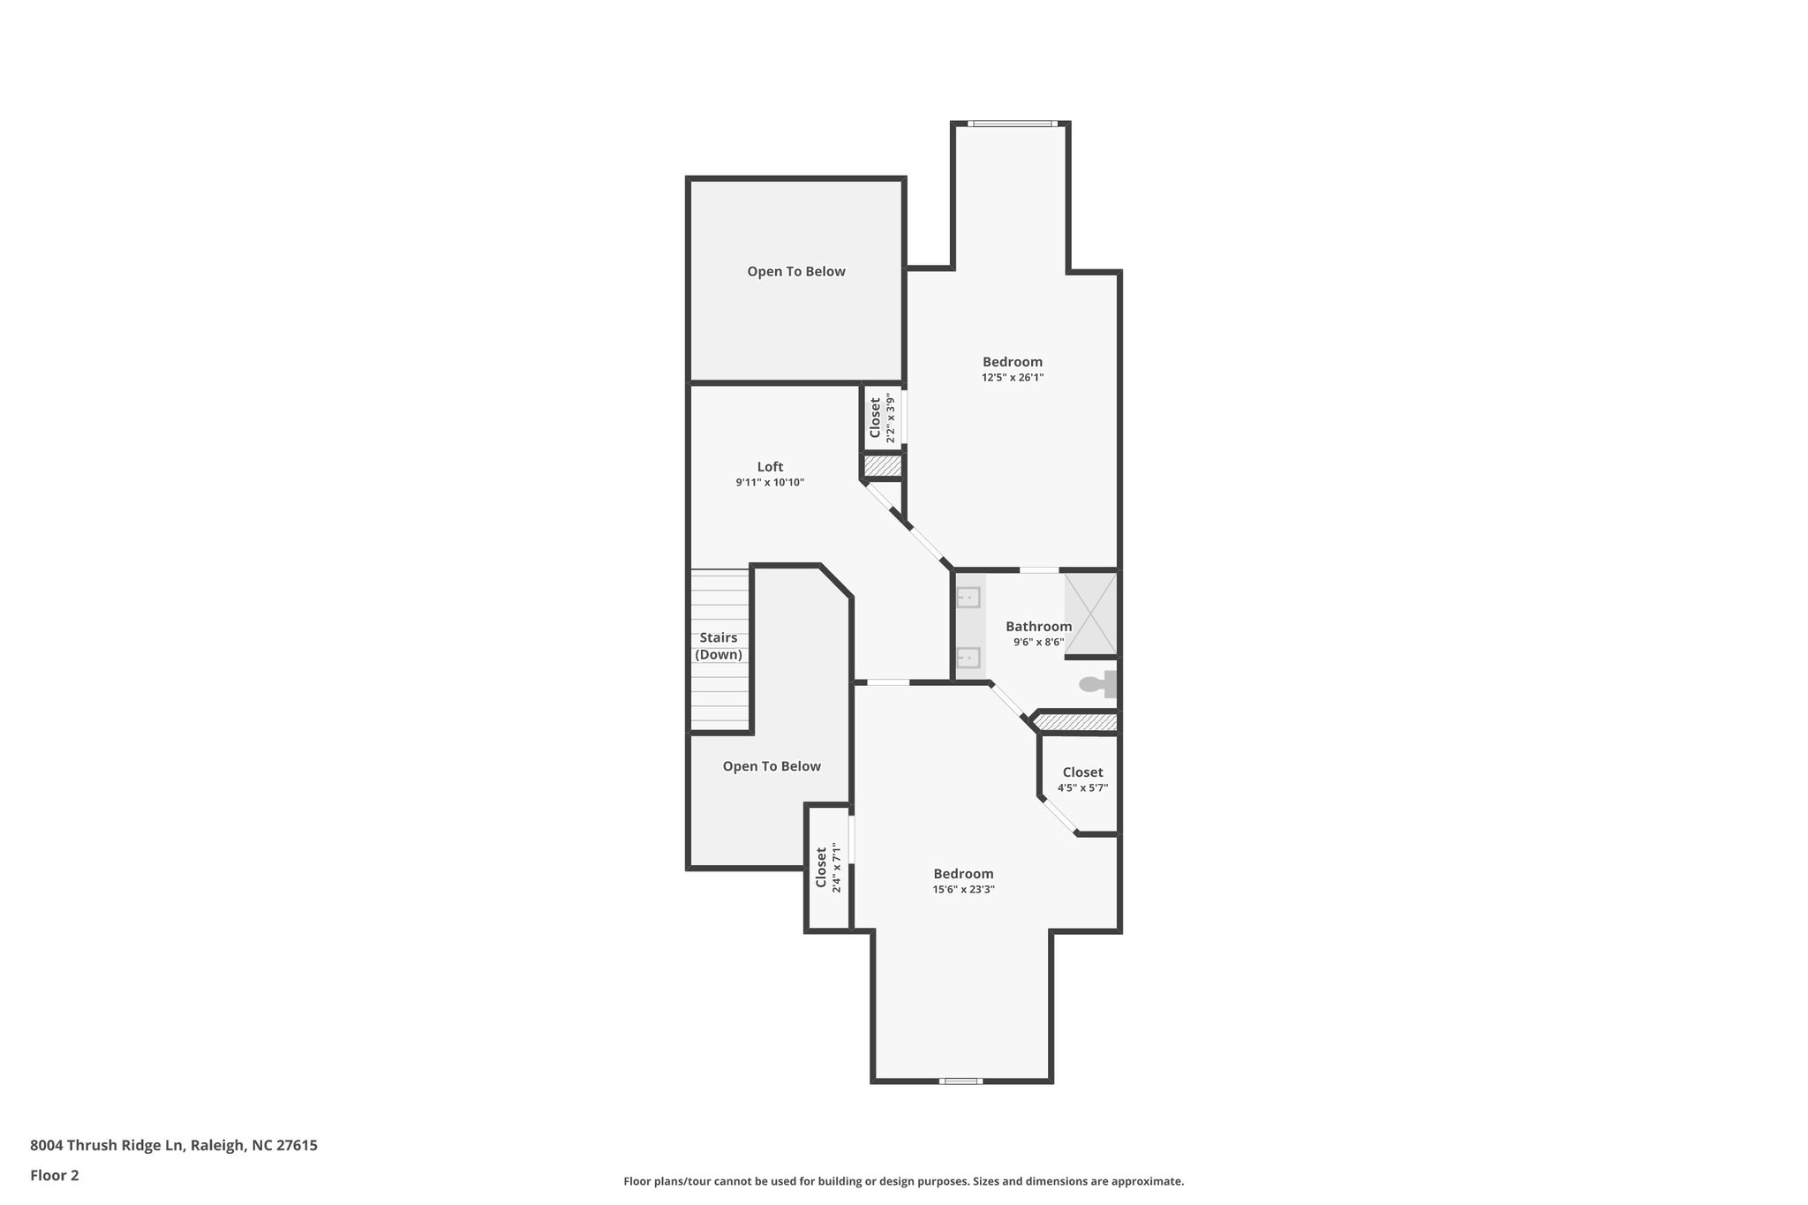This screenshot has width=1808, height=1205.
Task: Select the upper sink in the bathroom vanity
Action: click(x=968, y=598)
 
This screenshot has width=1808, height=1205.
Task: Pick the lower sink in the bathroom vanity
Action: click(x=968, y=658)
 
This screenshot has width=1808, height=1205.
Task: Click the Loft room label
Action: click(x=770, y=467)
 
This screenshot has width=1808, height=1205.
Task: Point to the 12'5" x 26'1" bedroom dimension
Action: click(x=1013, y=377)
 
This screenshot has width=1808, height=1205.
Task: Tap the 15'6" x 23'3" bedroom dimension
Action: click(x=963, y=889)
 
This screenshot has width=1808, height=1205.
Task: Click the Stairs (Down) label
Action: click(x=719, y=646)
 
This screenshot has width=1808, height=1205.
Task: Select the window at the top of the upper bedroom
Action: click(x=1012, y=124)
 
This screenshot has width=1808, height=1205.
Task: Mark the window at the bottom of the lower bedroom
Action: click(x=960, y=1081)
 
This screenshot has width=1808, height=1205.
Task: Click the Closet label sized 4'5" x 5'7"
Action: click(x=1082, y=772)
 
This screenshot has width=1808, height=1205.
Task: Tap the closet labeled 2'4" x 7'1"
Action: click(x=828, y=868)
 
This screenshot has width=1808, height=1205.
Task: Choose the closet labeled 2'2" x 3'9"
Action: click(x=882, y=418)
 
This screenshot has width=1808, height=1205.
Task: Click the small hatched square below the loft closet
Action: click(x=881, y=465)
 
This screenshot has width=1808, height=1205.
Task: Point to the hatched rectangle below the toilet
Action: click(x=1075, y=722)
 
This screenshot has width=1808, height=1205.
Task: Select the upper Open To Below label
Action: click(x=796, y=272)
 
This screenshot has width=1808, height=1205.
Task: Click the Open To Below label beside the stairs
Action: click(x=772, y=766)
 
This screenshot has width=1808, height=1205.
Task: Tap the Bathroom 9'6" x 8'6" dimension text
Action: click(x=1038, y=643)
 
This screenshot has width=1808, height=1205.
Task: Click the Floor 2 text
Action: click(x=55, y=1175)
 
